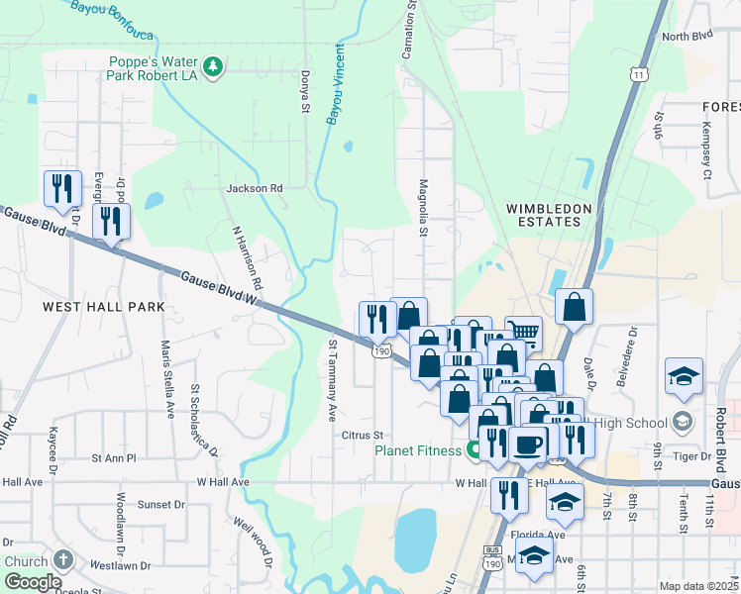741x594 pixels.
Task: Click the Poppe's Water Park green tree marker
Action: click(x=212, y=66)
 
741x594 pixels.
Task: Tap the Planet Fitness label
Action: click(x=416, y=450)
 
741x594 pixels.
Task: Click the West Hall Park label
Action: click(x=103, y=307)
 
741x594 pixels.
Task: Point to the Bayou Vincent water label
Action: click(x=335, y=83)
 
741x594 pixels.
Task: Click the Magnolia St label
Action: click(x=423, y=208)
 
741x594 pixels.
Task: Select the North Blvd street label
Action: click(x=688, y=37)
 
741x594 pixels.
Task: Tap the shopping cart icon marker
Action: click(x=523, y=332)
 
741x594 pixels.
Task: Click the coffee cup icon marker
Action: click(x=529, y=443)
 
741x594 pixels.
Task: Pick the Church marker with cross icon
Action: click(x=64, y=560)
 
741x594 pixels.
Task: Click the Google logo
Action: click(x=33, y=582)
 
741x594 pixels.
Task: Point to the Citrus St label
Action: click(x=362, y=435)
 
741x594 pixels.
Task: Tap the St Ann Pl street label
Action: click(x=113, y=458)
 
